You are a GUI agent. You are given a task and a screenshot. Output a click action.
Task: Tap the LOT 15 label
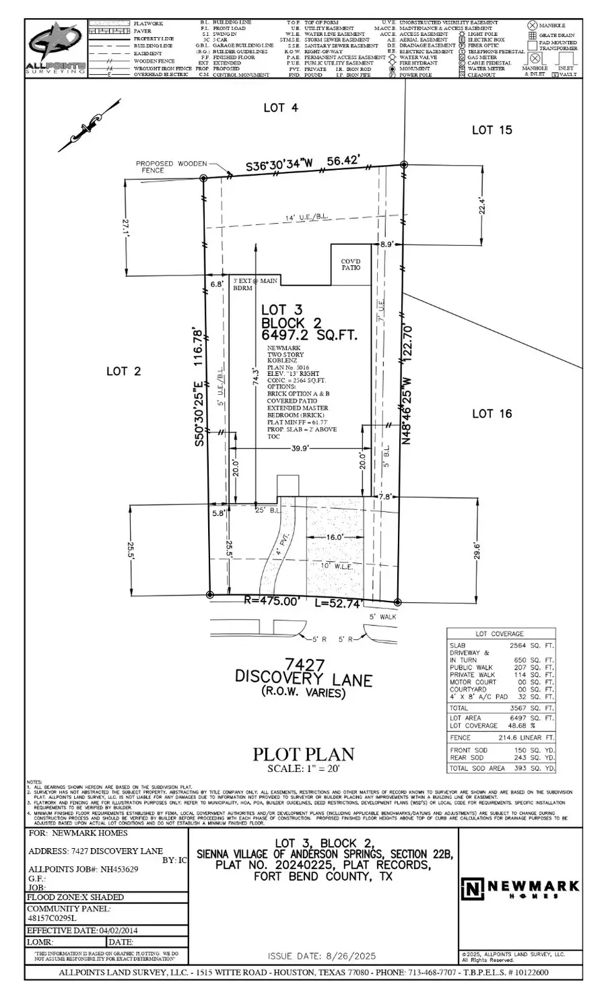coord(492,130)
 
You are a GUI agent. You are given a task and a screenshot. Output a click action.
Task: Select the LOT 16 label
coord(492,414)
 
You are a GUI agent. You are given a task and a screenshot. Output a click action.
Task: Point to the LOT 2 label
coord(124,371)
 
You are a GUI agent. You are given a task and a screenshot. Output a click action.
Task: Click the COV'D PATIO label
coord(350,263)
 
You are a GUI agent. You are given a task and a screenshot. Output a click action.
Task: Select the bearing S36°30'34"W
coord(279,165)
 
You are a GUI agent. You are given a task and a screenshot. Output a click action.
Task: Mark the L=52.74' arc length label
coord(343,604)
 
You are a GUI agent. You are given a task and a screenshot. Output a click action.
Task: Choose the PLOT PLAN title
coord(303,754)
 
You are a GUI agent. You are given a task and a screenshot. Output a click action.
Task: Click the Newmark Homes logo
coord(519,889)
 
